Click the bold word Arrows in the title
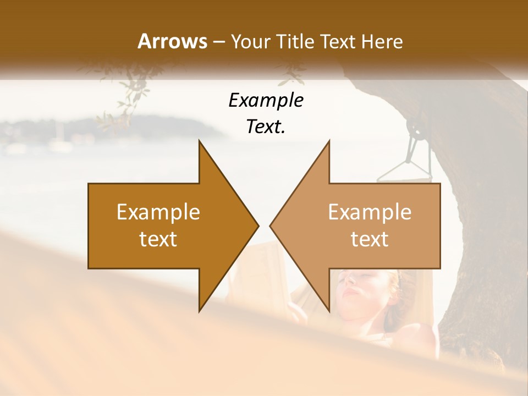tap(172, 41)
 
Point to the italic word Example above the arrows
tap(266, 100)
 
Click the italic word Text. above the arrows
tap(266, 127)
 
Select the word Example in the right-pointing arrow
tap(158, 212)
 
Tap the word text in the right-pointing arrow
tap(158, 239)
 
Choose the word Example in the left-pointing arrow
tap(370, 212)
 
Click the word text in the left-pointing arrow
tap(370, 239)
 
